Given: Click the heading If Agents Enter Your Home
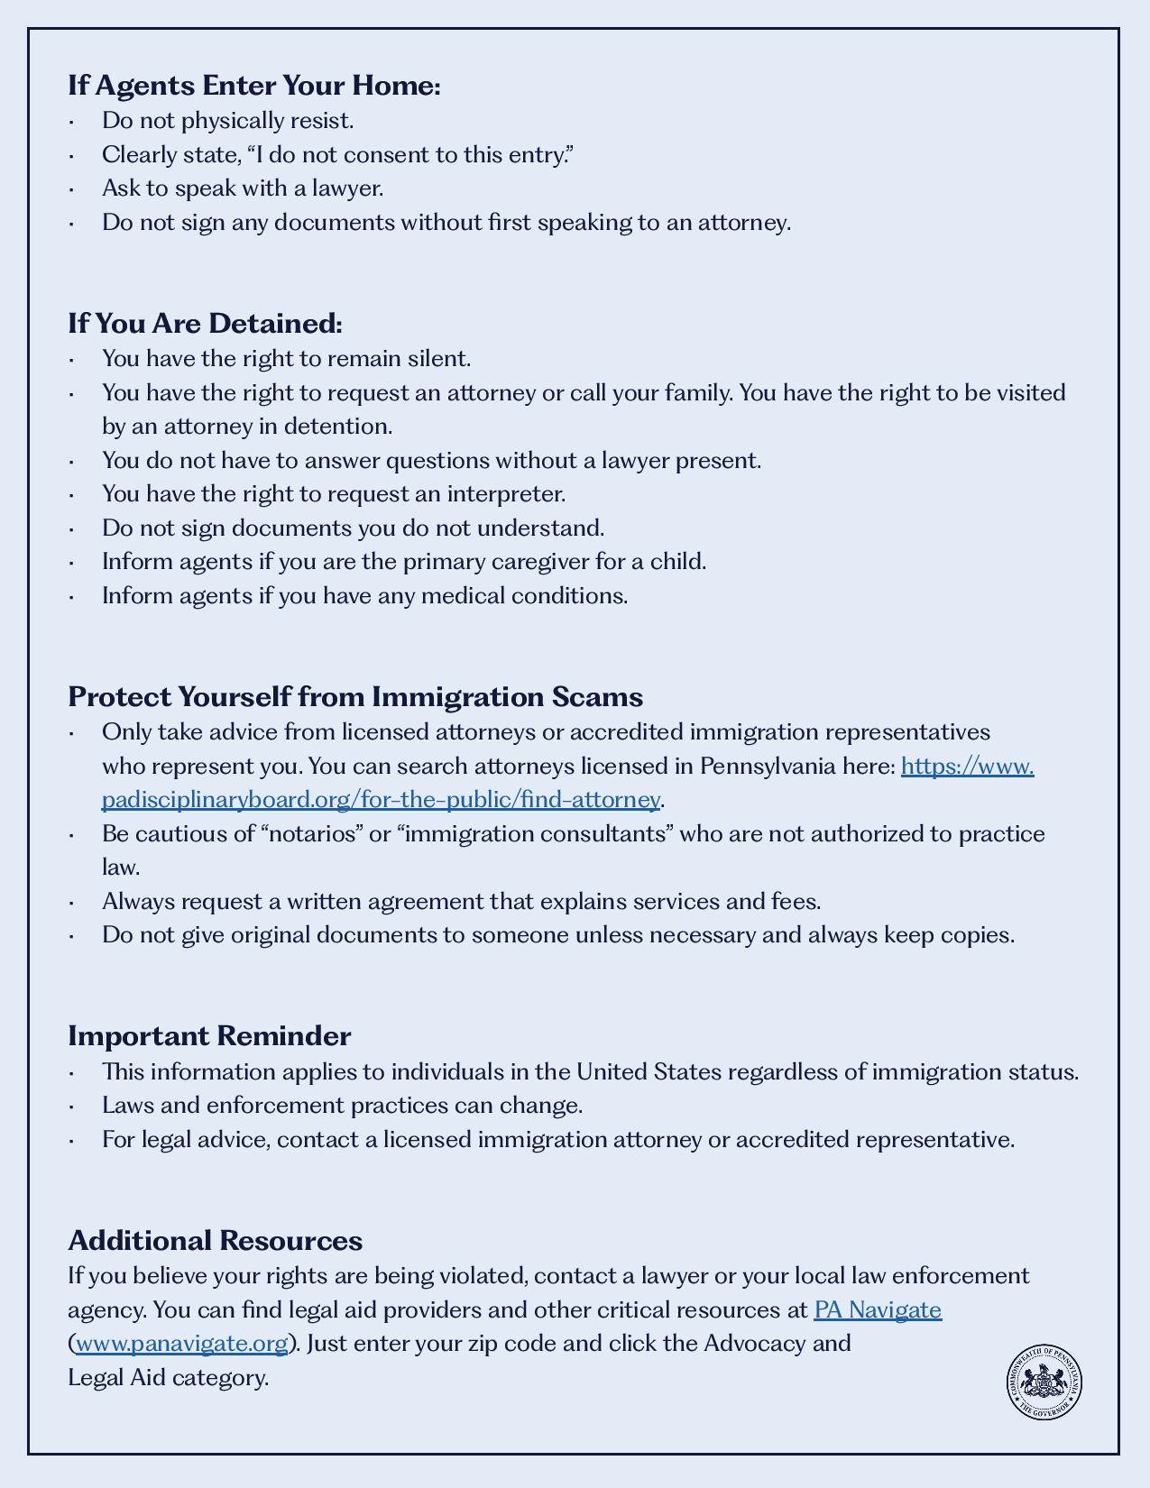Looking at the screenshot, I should pos(253,86).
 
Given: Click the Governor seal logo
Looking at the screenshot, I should pos(1044,1382).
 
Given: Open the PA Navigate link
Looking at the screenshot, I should pos(877,1309).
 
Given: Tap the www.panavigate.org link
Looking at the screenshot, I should pos(181,1344).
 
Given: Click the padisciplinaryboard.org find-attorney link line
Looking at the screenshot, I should pos(381,800).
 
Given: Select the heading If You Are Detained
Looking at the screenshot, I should pos(205,323).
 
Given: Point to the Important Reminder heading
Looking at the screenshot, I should pos(209,1035).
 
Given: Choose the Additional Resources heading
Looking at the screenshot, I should pos(215,1240).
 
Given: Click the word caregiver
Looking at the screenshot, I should pos(539,562).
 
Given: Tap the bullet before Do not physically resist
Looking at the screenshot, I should pos(71,122).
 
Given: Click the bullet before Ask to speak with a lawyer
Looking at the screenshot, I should pos(71,189).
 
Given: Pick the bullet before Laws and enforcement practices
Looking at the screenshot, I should pos(71,1107).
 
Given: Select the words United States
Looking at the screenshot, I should pos(649,1072).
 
